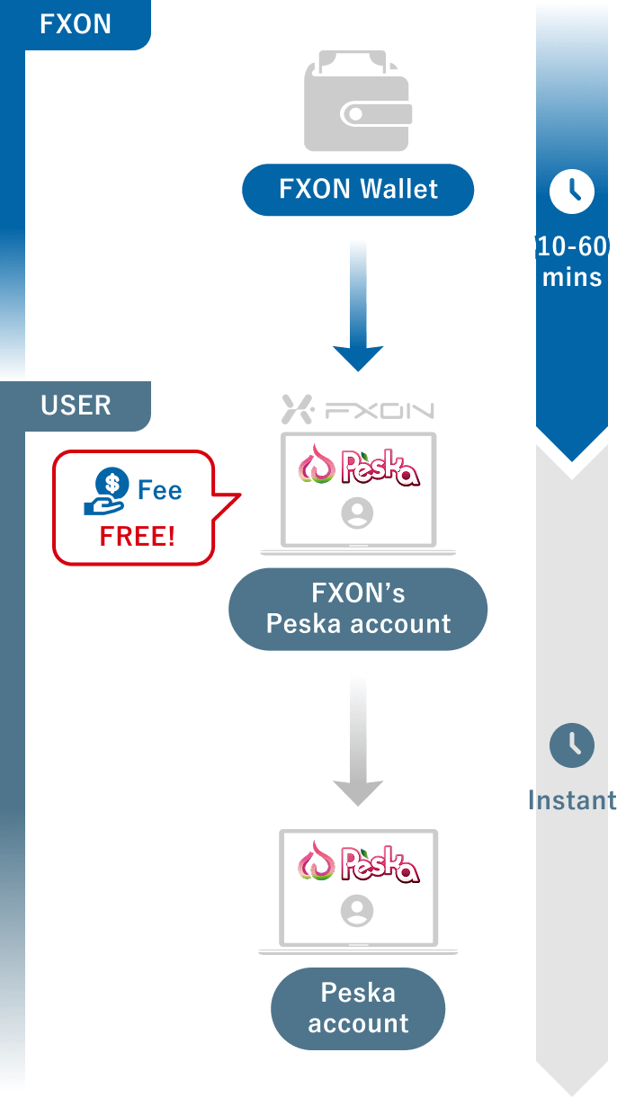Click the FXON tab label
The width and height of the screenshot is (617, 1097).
pos(76,24)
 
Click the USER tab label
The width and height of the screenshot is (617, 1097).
pos(76,405)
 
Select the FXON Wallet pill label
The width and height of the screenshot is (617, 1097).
pos(358,190)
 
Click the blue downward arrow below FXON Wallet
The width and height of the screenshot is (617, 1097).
pos(358,306)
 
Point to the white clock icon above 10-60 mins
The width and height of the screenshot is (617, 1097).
pos(572,191)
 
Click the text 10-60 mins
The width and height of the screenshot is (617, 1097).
pos(572,261)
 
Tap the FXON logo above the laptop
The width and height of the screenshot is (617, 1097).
pos(358,410)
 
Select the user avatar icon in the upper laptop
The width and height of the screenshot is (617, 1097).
pos(358,513)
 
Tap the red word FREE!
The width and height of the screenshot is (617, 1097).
pos(138,537)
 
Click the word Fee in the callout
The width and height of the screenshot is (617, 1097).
pos(159,490)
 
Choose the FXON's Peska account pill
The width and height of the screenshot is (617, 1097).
pos(358,609)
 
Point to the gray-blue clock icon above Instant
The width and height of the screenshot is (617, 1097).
pos(572,746)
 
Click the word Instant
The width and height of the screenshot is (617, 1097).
pos(572,799)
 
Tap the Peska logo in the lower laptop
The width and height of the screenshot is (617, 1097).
pos(358,864)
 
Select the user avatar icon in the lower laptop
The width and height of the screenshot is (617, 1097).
pos(358,912)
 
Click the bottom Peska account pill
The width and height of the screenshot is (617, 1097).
pos(358,1008)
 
